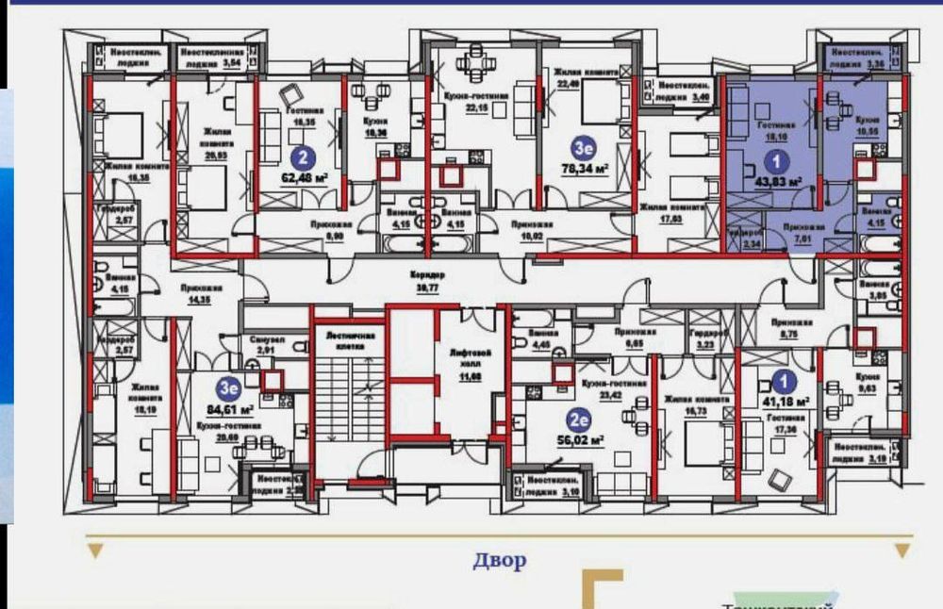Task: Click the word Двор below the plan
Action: pos(500,561)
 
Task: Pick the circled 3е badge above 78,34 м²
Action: pos(586,148)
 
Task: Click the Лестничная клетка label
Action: pos(351,340)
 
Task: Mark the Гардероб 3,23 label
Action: pos(706,340)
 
